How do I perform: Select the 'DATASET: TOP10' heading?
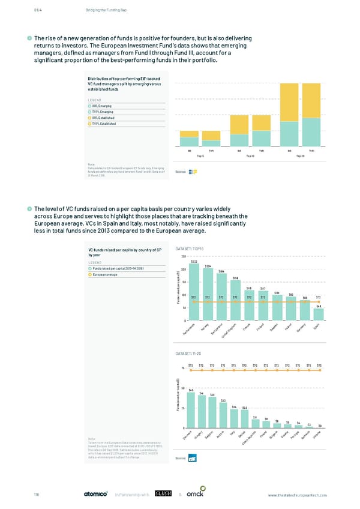pyautogui.click(x=190, y=248)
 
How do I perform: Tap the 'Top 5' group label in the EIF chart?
pyautogui.click(x=200, y=155)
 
